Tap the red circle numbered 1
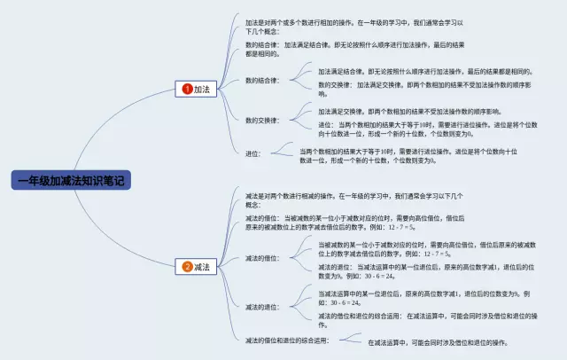187,89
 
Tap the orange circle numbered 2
187,266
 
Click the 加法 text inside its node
203,89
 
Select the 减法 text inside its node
203,266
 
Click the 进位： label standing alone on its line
253,153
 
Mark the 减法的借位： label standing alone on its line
262,258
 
